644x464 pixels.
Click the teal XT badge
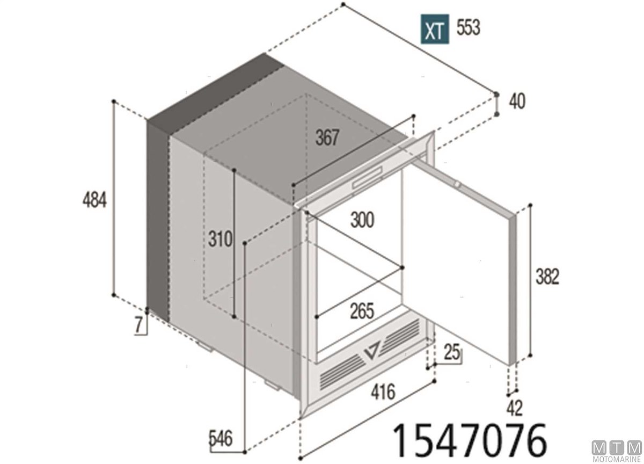434,29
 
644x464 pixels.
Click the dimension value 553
469,27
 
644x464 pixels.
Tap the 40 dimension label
517,102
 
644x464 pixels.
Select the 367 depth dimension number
327,137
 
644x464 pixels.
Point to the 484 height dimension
94,200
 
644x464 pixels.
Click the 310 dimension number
220,239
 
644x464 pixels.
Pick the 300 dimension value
362,220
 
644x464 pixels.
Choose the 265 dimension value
362,311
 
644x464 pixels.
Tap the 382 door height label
547,277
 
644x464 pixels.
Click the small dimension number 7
138,325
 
